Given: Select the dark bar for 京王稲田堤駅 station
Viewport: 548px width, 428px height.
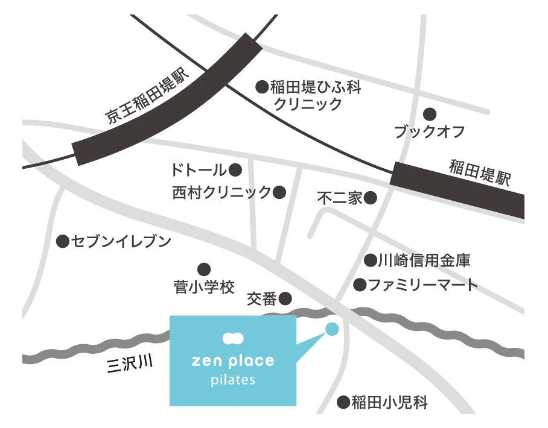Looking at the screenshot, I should point(167,100).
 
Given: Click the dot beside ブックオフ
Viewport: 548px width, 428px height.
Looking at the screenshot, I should point(430,114).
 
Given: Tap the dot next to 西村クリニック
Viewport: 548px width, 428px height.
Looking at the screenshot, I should point(279,192).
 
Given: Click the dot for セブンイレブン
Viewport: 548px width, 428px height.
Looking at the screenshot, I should point(62,242).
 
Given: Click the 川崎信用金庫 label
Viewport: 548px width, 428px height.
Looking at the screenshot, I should point(424,261).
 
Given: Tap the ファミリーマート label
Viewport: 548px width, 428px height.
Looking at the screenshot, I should point(422,285).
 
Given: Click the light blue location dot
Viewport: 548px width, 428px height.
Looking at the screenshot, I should point(332,329).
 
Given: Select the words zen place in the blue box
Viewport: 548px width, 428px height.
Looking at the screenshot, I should point(232,361).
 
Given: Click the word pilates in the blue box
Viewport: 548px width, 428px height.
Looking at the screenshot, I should point(232,380).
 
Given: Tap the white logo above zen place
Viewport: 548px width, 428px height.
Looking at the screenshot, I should point(232,339).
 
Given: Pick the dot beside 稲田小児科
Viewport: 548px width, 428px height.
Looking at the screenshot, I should point(343,401).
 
